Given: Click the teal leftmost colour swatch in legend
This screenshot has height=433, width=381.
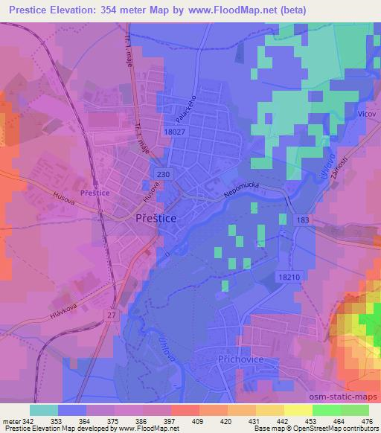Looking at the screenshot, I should [43, 410].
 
